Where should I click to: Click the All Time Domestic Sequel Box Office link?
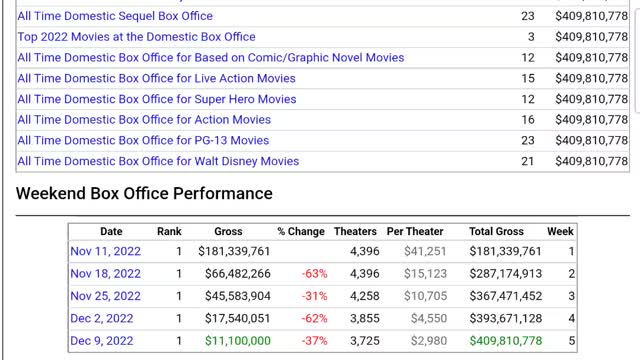[115, 16]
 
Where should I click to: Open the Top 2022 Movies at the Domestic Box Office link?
[122, 36]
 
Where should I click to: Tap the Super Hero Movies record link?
[156, 99]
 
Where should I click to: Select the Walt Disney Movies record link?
[158, 161]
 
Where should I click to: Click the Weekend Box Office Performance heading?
[144, 193]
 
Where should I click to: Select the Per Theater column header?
[415, 231]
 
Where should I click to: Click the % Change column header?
[301, 231]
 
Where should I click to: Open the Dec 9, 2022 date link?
[102, 341]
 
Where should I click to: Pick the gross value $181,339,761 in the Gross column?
[228, 252]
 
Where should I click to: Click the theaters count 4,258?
[365, 296]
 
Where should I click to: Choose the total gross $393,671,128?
[505, 319]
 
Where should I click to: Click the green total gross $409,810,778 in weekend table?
[505, 341]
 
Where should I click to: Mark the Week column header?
[560, 231]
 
